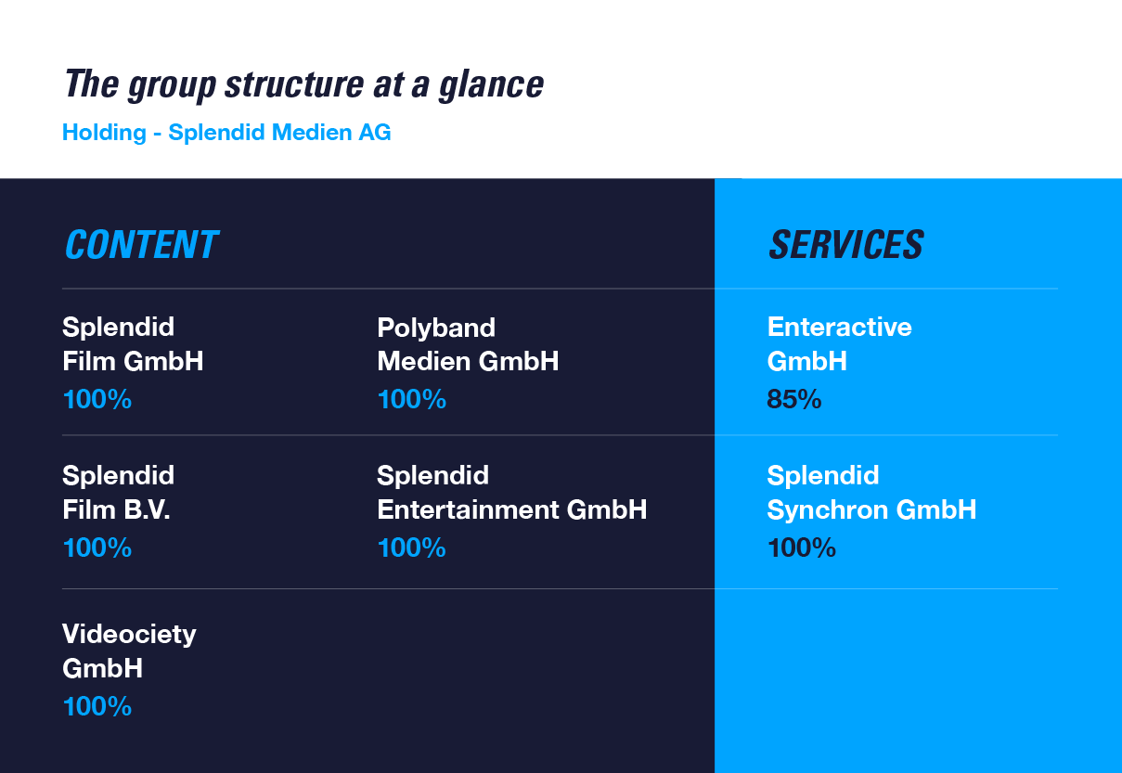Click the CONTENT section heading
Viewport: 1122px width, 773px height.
(142, 244)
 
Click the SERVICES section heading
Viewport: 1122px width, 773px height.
(846, 244)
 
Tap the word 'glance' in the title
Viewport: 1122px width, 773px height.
(491, 85)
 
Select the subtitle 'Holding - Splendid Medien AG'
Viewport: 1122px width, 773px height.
(226, 133)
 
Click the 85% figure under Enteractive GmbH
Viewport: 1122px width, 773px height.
(793, 399)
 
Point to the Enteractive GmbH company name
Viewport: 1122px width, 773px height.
(840, 343)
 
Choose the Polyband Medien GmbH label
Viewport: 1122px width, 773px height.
(468, 344)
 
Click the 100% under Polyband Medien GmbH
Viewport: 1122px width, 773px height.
(412, 399)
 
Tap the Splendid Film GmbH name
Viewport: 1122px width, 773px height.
(133, 343)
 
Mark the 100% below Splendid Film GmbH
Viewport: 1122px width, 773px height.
(97, 399)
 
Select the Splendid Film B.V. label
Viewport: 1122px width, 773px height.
(118, 492)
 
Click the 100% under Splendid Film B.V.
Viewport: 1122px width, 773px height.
(97, 548)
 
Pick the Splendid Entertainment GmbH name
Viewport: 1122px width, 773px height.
(512, 492)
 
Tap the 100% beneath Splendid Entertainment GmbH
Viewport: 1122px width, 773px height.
(412, 548)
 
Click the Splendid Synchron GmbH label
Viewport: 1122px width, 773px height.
(871, 492)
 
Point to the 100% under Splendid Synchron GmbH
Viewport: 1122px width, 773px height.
(802, 548)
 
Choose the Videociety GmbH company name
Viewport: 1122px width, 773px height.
(129, 651)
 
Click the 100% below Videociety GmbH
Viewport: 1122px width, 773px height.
(97, 706)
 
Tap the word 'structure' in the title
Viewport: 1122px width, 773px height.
(294, 84)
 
